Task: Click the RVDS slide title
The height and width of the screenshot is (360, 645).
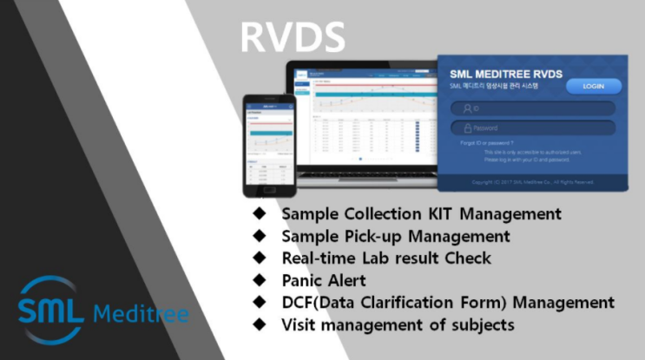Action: coord(293,36)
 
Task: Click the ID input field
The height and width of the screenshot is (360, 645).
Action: coord(533,108)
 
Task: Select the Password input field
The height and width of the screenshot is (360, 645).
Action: coord(533,128)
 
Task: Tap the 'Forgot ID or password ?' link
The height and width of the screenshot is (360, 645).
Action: coord(487,141)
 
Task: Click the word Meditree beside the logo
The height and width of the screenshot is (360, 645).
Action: coord(140,313)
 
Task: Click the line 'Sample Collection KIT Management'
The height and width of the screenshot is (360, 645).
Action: coord(421,213)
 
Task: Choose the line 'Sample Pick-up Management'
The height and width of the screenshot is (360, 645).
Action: coord(395,235)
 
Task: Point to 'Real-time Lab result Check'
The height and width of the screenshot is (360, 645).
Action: coord(385,258)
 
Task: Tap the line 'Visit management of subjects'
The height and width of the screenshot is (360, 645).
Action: coord(398,325)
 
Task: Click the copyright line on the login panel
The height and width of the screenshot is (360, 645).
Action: coord(532,182)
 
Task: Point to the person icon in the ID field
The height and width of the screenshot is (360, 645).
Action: coord(467,108)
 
